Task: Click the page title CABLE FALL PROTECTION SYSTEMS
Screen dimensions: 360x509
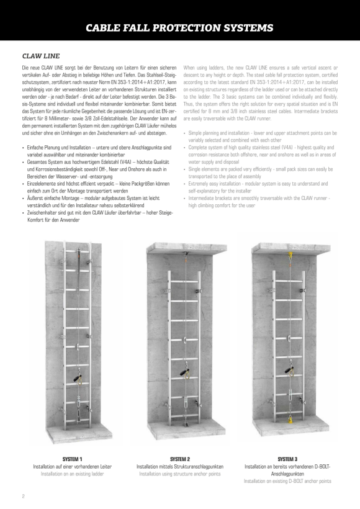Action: [x=179, y=27]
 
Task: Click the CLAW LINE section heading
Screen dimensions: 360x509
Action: [x=41, y=56]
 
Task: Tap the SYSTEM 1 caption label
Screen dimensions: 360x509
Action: [x=72, y=459]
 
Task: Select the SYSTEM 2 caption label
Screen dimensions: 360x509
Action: [x=180, y=459]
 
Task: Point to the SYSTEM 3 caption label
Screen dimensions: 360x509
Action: [x=287, y=459]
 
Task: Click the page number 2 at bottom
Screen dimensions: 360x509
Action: [x=24, y=496]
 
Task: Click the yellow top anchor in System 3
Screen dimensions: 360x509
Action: [x=289, y=256]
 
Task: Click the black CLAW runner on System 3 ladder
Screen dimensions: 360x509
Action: [x=290, y=370]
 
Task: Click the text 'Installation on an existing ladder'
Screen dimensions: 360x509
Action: [x=72, y=474]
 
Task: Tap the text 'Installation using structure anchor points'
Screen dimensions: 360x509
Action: [x=180, y=474]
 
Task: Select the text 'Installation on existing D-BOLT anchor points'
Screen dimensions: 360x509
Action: [x=287, y=481]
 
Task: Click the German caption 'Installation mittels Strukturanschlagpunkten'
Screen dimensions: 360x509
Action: [x=180, y=466]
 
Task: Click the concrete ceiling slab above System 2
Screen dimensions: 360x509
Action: [x=187, y=248]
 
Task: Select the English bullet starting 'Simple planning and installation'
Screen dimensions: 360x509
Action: [x=260, y=137]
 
